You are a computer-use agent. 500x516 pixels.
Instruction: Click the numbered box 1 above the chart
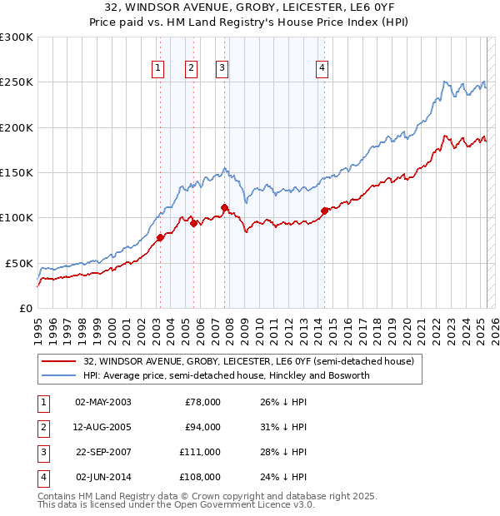[157, 68]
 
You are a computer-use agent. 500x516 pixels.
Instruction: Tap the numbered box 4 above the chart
[322, 68]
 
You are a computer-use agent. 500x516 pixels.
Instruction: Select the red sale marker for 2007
[225, 207]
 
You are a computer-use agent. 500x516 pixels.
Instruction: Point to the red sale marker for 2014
[324, 211]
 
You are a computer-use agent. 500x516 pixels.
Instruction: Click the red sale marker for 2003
[160, 237]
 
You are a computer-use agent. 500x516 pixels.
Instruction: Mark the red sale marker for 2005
[193, 223]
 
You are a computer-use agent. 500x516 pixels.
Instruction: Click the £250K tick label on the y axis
[17, 82]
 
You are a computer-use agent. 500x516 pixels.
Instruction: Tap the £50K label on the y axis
[19, 263]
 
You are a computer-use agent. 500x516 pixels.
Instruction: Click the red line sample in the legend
[59, 362]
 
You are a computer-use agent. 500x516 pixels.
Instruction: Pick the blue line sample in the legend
[59, 376]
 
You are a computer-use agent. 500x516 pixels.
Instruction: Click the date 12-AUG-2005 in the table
[103, 427]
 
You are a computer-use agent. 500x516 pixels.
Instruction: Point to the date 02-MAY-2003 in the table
[103, 402]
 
